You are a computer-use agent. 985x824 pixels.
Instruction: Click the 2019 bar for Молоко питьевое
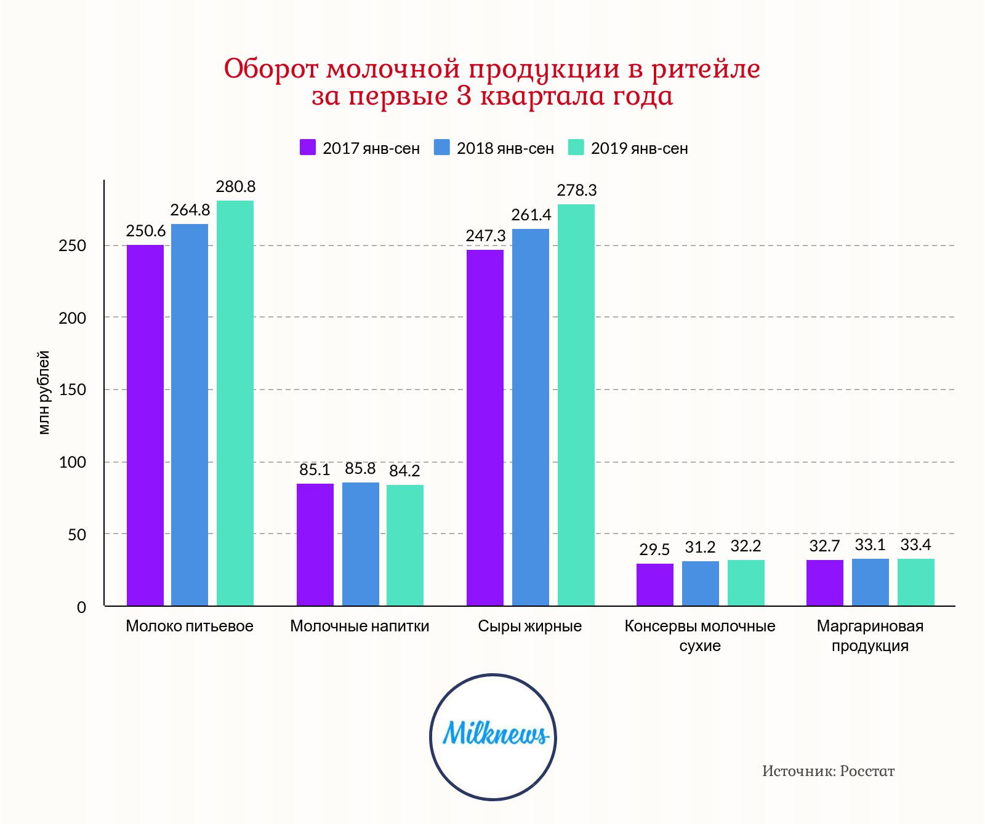[235, 403]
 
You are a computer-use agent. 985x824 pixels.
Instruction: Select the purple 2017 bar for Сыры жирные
[485, 428]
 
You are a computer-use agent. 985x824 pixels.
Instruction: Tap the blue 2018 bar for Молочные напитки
[361, 544]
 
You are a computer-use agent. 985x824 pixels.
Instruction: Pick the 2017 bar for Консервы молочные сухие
[655, 585]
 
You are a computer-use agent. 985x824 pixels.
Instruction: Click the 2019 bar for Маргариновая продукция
[916, 582]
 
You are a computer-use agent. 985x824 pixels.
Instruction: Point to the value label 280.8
[235, 186]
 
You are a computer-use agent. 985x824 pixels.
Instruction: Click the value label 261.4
[531, 215]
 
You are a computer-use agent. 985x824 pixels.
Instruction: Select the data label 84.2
[404, 471]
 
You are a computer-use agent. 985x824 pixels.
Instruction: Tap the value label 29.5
[654, 550]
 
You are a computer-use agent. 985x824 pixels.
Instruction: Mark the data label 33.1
[870, 545]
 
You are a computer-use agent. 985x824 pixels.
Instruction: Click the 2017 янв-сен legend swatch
[308, 148]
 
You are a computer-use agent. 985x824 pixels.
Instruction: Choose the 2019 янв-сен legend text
[639, 149]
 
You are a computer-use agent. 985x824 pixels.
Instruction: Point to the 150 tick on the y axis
[73, 390]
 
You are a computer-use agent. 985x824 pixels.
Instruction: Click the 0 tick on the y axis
[81, 607]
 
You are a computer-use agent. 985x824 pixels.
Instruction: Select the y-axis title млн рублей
[44, 393]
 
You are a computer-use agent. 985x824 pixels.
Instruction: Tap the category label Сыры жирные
[530, 626]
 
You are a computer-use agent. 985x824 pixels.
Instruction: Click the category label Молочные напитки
[360, 626]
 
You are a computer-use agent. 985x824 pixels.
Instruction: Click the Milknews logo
[493, 737]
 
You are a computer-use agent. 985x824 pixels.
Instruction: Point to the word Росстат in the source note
[867, 771]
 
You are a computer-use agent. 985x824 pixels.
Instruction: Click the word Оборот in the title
[271, 69]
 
